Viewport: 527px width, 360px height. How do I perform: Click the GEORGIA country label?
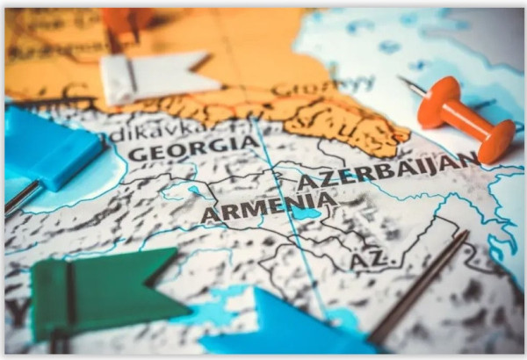click(194, 147)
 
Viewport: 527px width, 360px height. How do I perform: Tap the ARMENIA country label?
click(268, 207)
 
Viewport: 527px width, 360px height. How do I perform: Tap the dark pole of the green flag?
click(69, 299)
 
